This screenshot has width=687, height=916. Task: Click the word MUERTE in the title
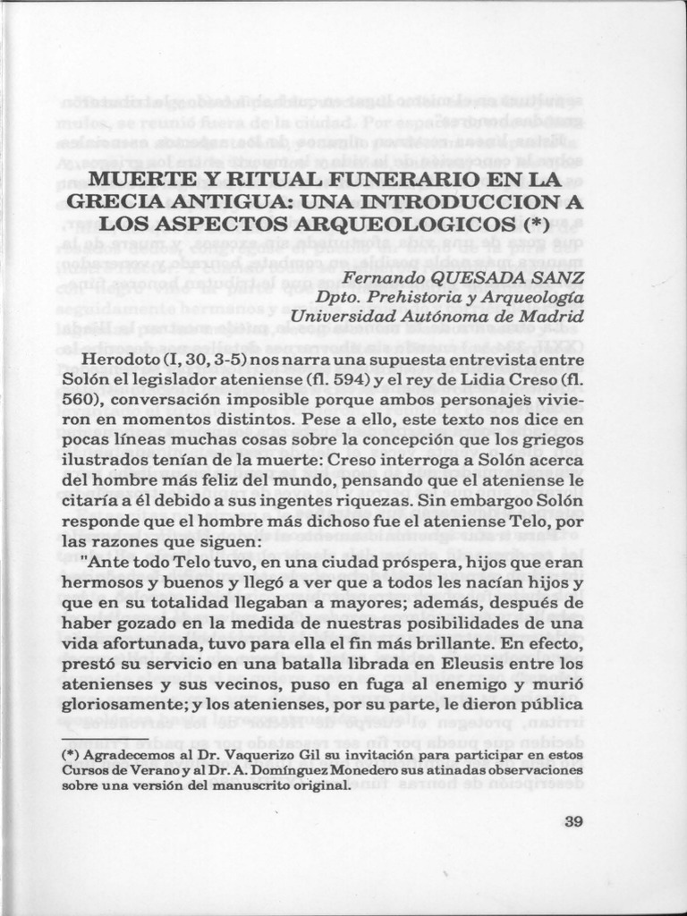[x=137, y=179]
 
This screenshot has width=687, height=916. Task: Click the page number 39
[x=573, y=822]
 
